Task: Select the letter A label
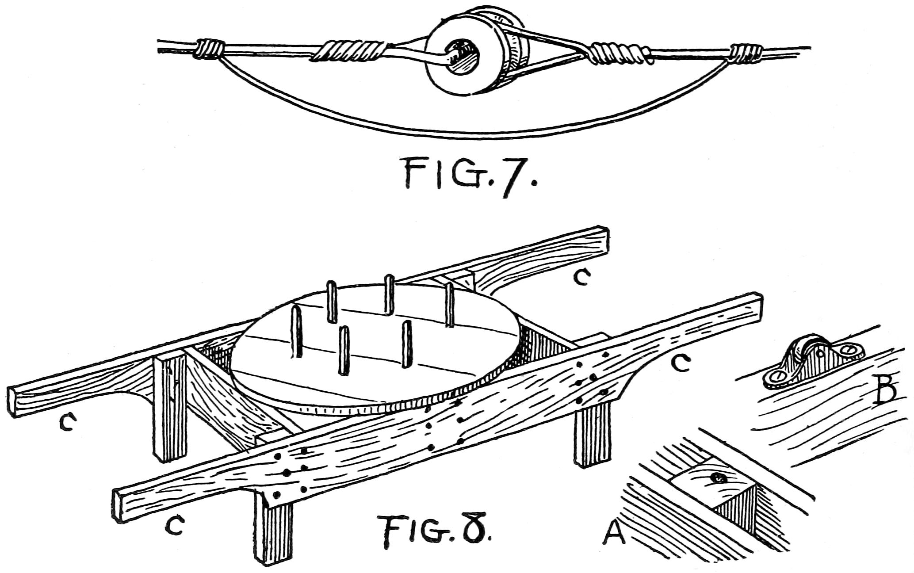(615, 534)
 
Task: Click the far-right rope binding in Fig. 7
(746, 53)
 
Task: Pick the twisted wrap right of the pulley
(619, 54)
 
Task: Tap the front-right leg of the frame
(593, 438)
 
